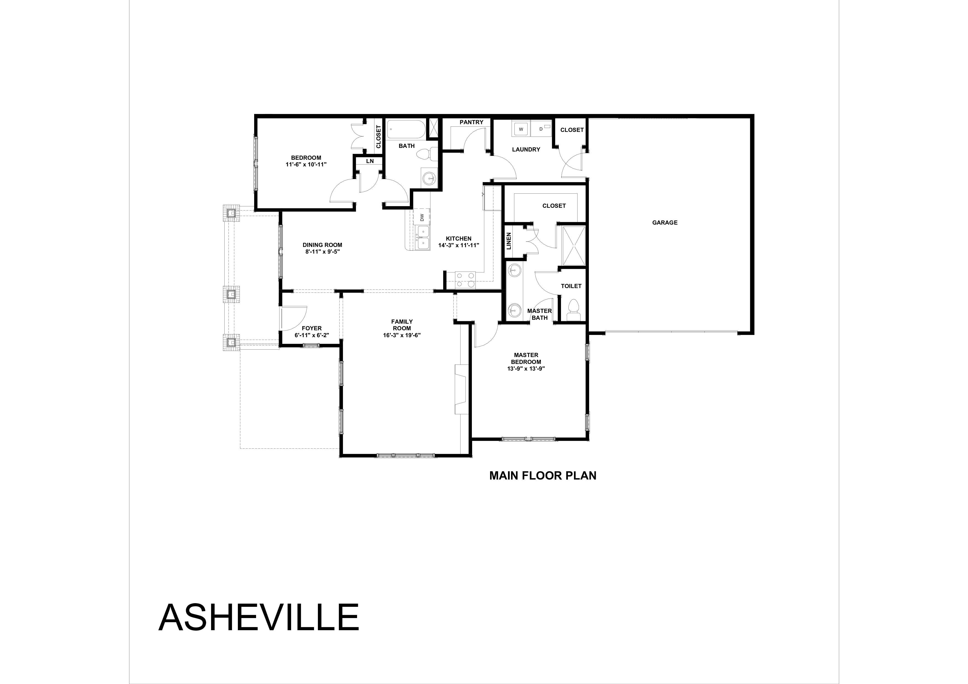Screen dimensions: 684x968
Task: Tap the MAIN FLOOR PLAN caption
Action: coord(542,476)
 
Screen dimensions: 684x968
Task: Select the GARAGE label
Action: coord(664,222)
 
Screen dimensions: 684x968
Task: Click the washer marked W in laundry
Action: coord(521,129)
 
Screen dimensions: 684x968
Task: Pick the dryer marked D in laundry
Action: coord(541,129)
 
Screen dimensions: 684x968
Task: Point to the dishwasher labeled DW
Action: coord(422,217)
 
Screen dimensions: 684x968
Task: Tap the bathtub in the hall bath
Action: coord(406,129)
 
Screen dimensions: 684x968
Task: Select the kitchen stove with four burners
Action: coord(465,280)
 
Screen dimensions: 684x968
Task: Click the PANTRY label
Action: coord(471,122)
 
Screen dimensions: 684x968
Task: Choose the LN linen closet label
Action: coord(370,161)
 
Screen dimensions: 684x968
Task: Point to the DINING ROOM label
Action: coord(322,245)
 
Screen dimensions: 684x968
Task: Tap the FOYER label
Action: coord(312,328)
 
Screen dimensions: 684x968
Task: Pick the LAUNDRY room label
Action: coord(526,149)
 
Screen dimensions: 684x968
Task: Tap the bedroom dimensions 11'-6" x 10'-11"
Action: coord(306,164)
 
